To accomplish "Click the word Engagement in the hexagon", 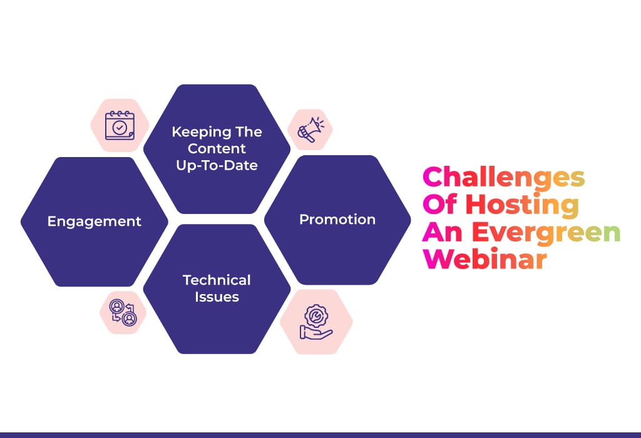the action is click(x=94, y=222).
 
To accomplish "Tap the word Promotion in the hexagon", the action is click(x=337, y=220).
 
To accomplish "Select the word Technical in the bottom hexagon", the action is click(x=217, y=280).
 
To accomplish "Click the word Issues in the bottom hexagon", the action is click(x=217, y=297).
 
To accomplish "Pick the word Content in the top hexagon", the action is click(x=217, y=148).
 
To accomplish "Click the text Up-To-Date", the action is click(x=217, y=165).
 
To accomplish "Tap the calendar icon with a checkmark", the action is click(x=120, y=126).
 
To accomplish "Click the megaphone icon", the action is click(x=310, y=130).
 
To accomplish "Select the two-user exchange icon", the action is click(x=123, y=312).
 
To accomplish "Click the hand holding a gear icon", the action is click(x=316, y=322).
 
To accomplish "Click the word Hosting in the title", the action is click(x=523, y=205).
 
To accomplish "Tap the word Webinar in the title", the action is click(x=485, y=259).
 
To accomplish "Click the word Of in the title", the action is click(x=440, y=203).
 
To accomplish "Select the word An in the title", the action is click(x=443, y=232).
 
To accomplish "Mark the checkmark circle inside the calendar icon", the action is click(x=120, y=128).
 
